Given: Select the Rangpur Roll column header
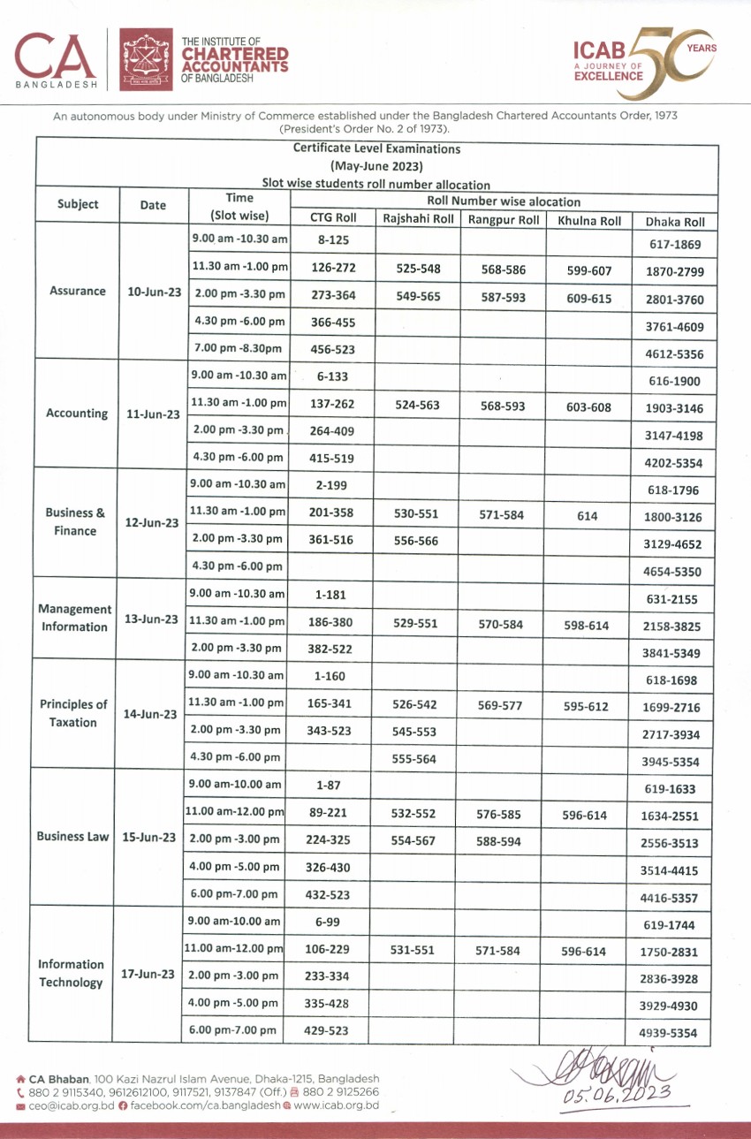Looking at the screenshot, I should coord(504,221).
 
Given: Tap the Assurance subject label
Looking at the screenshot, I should coord(77,291).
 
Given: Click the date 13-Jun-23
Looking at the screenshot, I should coord(152,619).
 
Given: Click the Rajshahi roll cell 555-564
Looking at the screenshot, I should coord(414,759).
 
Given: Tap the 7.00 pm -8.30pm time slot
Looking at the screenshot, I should coord(238,349).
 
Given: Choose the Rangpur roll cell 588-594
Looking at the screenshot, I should coord(498,842).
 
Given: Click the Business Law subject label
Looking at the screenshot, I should coord(73,836).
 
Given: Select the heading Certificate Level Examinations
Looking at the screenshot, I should coord(376,149).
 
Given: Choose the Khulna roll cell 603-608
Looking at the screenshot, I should coord(587,406).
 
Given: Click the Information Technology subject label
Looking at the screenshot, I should coord(71,973).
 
